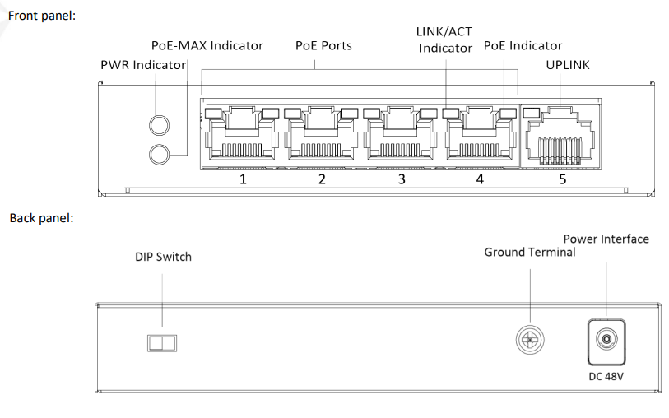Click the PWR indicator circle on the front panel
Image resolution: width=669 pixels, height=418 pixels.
point(159,125)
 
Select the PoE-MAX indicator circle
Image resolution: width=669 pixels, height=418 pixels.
point(159,155)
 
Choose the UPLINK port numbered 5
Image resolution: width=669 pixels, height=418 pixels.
point(560,136)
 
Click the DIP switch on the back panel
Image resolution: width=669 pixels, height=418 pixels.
point(162,343)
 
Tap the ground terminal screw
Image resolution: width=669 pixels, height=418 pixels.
point(530,340)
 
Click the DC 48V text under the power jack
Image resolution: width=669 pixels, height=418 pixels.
point(606,377)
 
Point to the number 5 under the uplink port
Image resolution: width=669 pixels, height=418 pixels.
point(562,179)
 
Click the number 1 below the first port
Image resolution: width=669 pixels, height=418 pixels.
point(243,179)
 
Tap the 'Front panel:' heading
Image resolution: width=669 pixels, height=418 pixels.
point(42,16)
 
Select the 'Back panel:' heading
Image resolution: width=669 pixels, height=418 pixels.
point(41,218)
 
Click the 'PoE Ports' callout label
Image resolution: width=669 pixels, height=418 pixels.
point(323,45)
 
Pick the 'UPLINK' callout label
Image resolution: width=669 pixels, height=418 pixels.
point(568,65)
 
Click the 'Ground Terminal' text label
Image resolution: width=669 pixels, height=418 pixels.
point(530,252)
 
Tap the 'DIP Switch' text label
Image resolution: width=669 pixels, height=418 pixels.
point(164,257)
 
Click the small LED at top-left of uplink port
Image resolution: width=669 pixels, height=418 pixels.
point(531,113)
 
